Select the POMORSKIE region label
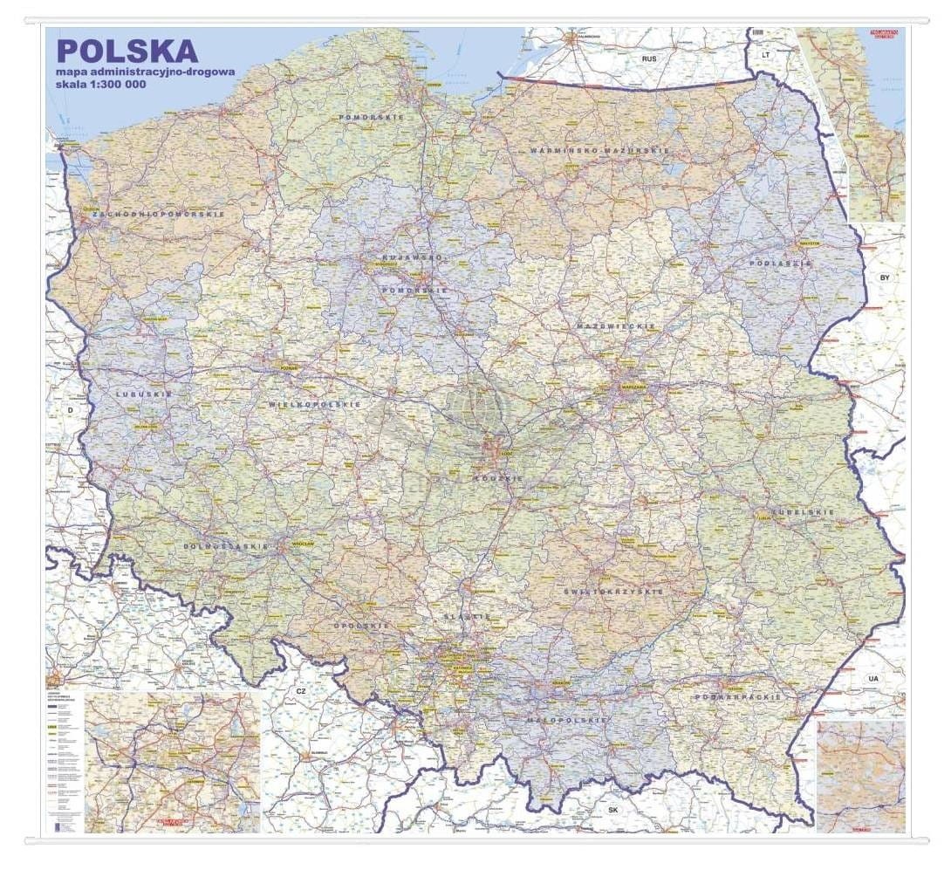click(372, 116)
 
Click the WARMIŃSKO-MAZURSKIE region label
click(599, 151)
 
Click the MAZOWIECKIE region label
click(615, 325)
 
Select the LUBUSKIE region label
click(143, 394)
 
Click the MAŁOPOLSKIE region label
click(566, 720)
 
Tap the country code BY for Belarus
click(884, 277)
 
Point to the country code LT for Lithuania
click(765, 54)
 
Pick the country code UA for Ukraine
click(872, 678)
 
